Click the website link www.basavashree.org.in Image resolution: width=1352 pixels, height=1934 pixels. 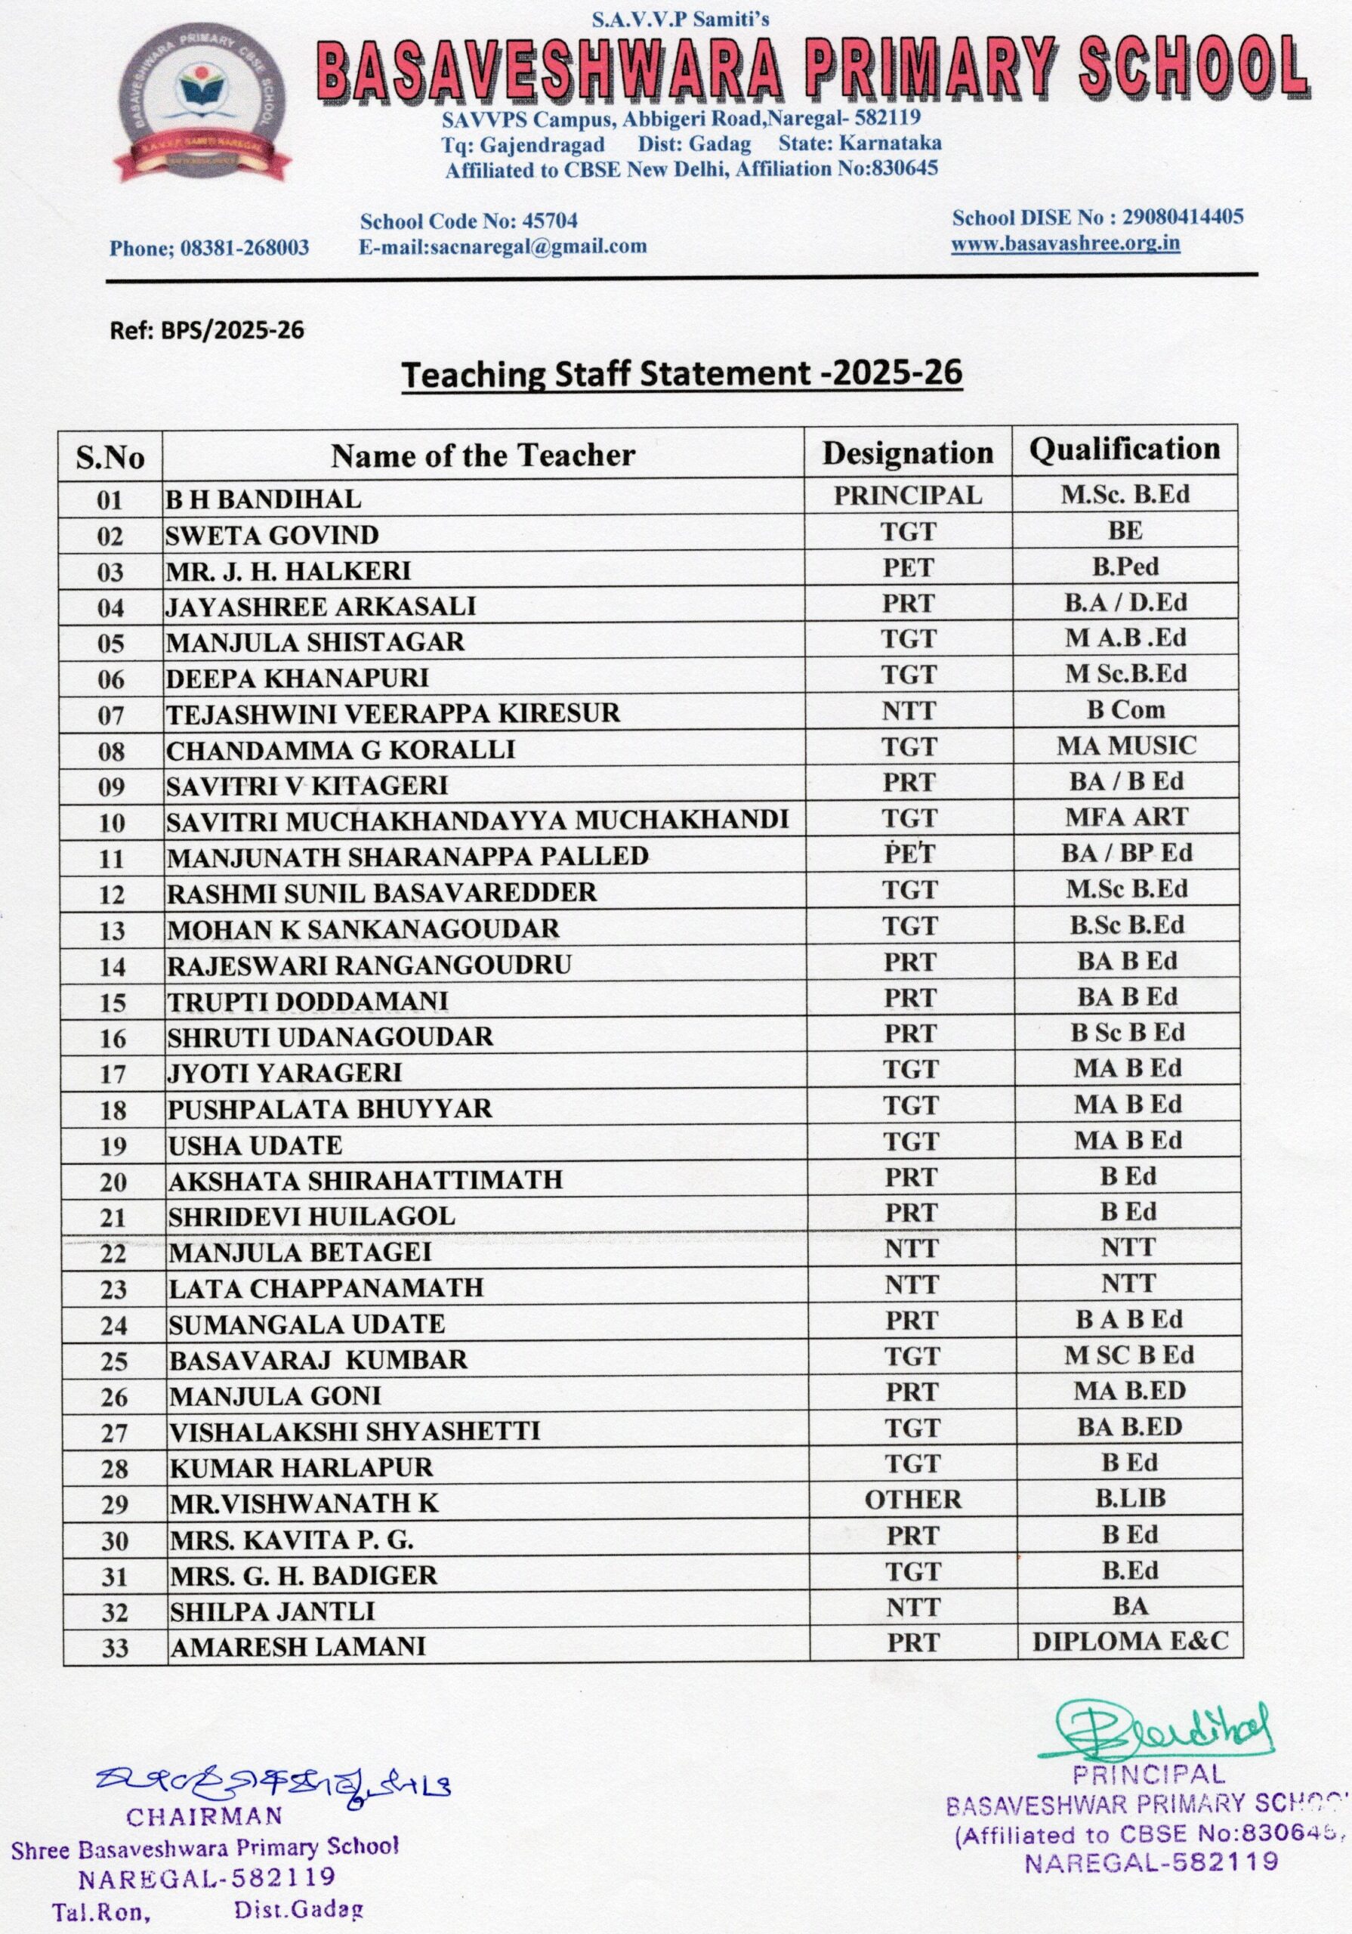tap(1065, 244)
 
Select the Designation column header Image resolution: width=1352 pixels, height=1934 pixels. tap(907, 453)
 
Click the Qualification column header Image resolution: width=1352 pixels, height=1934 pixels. tap(1125, 450)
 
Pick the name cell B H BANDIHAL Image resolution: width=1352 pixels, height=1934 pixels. tap(264, 499)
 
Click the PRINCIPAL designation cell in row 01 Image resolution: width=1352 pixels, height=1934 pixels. tap(907, 496)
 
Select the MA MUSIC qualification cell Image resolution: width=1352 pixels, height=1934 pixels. tap(1126, 746)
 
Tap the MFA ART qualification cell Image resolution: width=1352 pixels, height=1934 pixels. tap(1126, 817)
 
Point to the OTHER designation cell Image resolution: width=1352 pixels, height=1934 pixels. tap(912, 1500)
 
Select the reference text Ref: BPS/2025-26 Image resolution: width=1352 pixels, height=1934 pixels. tap(206, 330)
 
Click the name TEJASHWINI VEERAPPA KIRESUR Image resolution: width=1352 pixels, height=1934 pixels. tap(393, 713)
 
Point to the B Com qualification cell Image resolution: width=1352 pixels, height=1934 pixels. tap(1125, 710)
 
